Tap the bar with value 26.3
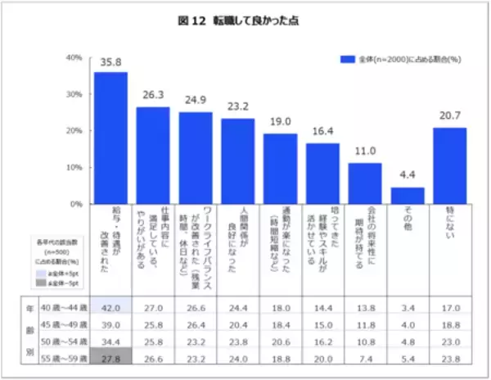pos(153,155)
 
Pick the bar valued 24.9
pos(196,157)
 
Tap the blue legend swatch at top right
pos(347,59)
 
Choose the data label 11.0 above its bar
pos(365,152)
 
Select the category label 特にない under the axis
pos(449,224)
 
